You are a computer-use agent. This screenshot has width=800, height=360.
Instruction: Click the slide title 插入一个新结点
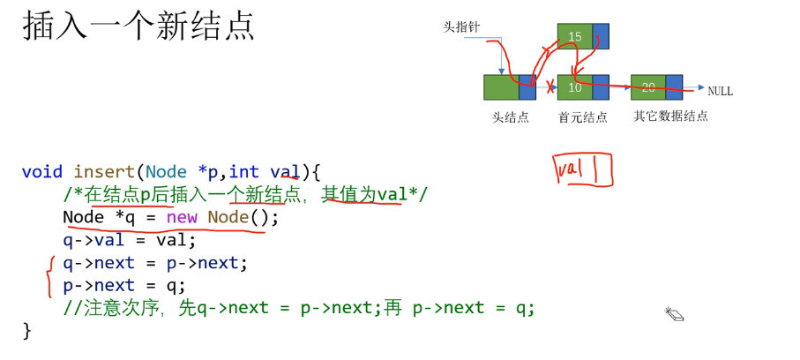[x=138, y=26]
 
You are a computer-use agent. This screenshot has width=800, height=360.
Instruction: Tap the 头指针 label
[x=460, y=27]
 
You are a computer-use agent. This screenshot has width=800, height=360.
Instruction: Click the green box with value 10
[x=575, y=86]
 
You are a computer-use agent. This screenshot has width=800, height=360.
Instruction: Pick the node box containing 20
[x=648, y=86]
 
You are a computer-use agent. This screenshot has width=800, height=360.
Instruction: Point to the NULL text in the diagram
[x=721, y=91]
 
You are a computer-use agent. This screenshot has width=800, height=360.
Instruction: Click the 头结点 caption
[x=511, y=116]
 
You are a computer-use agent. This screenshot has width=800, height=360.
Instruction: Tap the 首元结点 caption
[x=583, y=116]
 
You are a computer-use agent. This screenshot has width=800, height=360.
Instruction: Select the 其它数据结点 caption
[x=670, y=116]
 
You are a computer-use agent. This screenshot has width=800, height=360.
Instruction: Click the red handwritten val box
[x=582, y=169]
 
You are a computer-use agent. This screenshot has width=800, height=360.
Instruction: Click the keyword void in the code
[x=42, y=171]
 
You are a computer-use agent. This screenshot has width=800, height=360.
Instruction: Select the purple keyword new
[x=183, y=217]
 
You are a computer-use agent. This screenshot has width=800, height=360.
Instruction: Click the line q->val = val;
[x=129, y=240]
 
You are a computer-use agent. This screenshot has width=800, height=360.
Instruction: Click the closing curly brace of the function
[x=26, y=331]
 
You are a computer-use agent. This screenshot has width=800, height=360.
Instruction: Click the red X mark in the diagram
[x=550, y=86]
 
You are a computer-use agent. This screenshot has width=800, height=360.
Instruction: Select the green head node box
[x=501, y=86]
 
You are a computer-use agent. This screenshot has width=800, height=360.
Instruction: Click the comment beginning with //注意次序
[x=299, y=309]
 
